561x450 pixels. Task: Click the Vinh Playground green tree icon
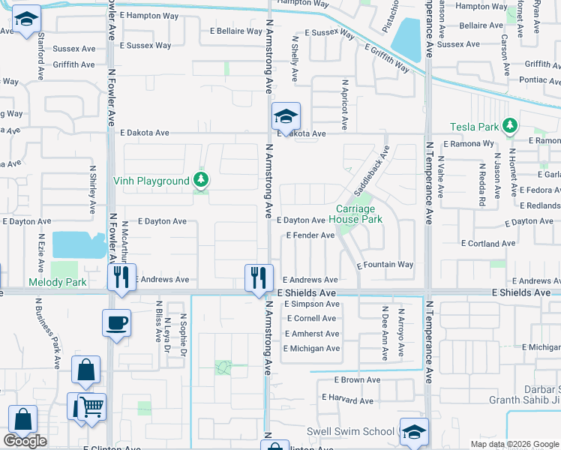tap(200, 180)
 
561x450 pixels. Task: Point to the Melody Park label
tap(57, 283)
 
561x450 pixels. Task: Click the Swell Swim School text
tap(350, 431)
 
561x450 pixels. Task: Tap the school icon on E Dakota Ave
tap(286, 117)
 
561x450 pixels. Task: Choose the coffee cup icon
tap(116, 323)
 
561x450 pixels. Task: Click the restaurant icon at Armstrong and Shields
tap(256, 277)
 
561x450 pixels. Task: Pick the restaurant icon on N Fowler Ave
tap(121, 277)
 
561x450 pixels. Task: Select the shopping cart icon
tap(91, 406)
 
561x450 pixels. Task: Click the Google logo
tap(25, 441)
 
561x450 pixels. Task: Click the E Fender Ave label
tap(310, 235)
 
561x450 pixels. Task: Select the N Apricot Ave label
tap(345, 98)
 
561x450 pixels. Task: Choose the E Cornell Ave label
tap(311, 318)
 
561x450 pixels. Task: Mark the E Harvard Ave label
tap(347, 400)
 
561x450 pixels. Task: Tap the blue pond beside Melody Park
tap(78, 244)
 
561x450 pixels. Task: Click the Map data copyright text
tap(514, 444)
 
